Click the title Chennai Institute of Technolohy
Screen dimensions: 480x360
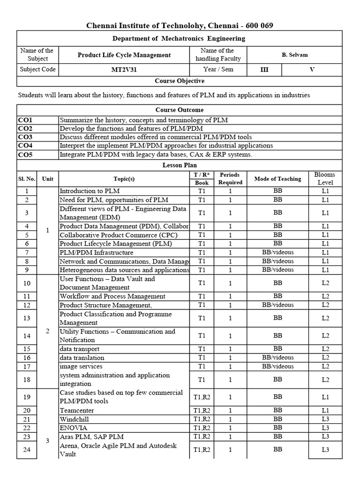click(183, 25)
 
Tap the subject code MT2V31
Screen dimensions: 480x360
click(124, 69)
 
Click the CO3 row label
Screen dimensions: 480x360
click(25, 137)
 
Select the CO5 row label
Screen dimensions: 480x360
click(25, 154)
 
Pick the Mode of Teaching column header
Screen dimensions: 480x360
click(277, 179)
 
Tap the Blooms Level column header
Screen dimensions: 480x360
click(325, 179)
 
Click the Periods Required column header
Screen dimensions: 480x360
click(230, 179)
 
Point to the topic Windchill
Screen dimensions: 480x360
click(74, 419)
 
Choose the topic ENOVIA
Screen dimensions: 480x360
click(73, 428)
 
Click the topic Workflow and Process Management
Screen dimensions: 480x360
click(112, 296)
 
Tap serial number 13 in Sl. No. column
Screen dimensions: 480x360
click(27, 318)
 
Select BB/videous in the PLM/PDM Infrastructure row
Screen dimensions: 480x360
click(277, 252)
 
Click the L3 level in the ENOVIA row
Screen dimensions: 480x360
click(325, 428)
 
